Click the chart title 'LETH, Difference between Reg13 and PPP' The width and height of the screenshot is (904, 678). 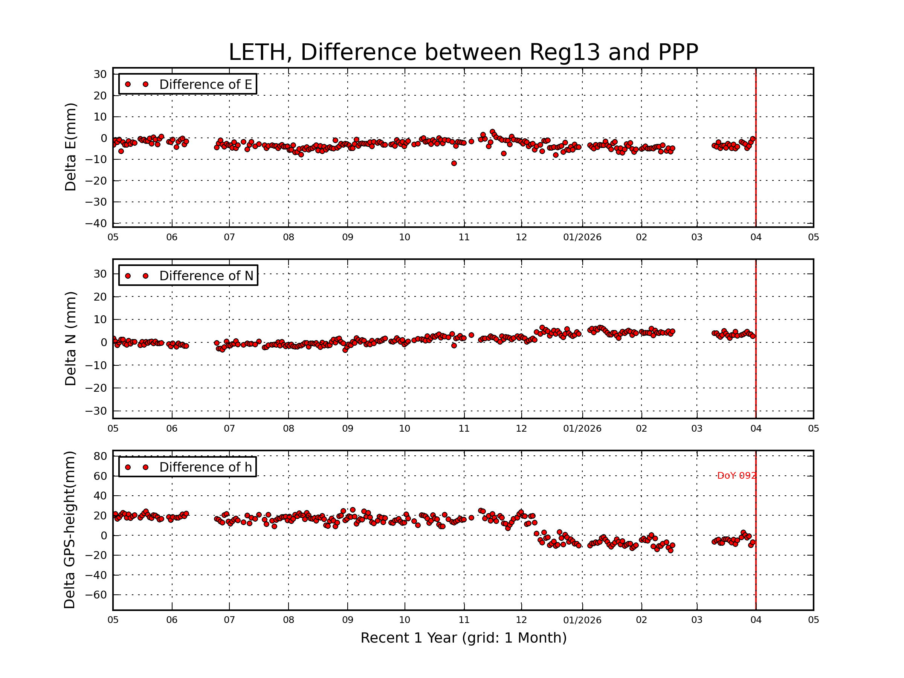tap(463, 52)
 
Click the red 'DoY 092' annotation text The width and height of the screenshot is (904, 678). tap(736, 476)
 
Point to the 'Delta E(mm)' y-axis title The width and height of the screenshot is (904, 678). tap(71, 147)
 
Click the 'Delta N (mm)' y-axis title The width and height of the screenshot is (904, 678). tap(71, 338)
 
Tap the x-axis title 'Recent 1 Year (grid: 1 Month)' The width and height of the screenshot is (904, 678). tap(463, 638)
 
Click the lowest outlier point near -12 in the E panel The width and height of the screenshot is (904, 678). tap(454, 163)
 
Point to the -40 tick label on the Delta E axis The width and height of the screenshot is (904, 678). tap(96, 223)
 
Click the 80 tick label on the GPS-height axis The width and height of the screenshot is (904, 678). tap(100, 456)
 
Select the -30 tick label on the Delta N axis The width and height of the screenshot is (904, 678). tap(96, 411)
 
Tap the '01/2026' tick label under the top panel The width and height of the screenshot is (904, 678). tap(582, 237)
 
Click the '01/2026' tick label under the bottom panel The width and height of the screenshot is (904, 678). tap(582, 620)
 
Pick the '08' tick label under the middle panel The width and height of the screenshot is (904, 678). tap(289, 429)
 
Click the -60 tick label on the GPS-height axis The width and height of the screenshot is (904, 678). tap(96, 595)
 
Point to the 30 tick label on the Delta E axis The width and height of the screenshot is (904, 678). tap(100, 74)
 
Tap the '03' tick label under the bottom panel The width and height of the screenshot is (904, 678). tap(697, 620)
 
